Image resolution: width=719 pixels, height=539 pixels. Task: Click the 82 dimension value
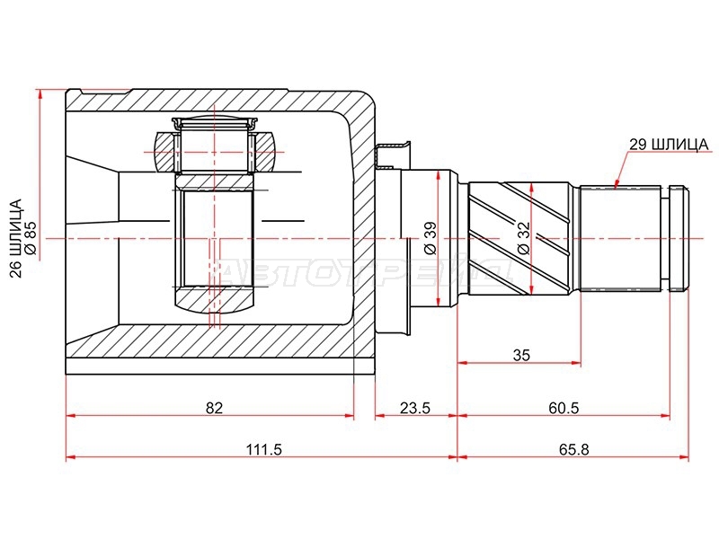tap(214, 408)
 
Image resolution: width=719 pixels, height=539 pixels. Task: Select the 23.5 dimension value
tap(415, 408)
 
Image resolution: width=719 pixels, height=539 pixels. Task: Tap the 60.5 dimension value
tap(564, 408)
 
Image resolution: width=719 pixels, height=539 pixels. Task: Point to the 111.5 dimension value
tap(263, 450)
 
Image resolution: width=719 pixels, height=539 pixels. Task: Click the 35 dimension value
tap(521, 355)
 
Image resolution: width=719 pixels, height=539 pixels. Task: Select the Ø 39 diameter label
tap(431, 238)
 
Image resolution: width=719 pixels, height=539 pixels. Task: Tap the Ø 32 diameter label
tap(523, 238)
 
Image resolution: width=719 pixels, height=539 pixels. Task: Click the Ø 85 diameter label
tap(30, 238)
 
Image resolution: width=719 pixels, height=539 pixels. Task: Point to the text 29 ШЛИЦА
tap(669, 145)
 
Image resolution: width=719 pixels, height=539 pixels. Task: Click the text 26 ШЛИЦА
tap(15, 238)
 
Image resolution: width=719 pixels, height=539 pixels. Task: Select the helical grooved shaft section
tap(520, 238)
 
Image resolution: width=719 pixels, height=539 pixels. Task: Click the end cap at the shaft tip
tap(679, 238)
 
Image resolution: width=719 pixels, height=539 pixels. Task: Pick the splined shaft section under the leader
tap(620, 238)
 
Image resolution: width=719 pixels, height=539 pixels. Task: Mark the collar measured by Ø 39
tap(431, 238)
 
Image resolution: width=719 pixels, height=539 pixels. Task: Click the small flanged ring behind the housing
tap(393, 238)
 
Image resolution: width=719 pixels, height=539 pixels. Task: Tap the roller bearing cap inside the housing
tap(215, 123)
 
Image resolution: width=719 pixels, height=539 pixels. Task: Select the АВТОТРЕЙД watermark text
tap(367, 273)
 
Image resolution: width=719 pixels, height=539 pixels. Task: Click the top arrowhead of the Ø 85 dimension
tap(40, 93)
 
